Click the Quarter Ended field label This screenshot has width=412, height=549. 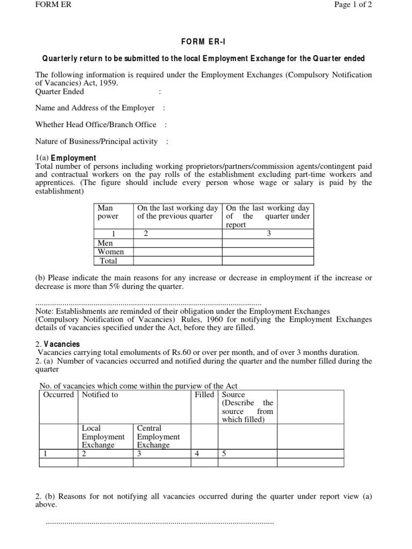pos(60,92)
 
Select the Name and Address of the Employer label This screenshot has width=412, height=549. pos(95,108)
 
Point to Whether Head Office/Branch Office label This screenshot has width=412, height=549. pos(95,124)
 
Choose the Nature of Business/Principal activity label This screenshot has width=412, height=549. pos(97,142)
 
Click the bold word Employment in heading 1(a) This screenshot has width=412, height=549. pos(73,158)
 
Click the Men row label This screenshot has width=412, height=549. pos(105,243)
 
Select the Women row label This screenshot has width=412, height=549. pos(111,251)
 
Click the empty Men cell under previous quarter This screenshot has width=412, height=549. pos(178,243)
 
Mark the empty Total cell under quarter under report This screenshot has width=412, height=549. pos(268,261)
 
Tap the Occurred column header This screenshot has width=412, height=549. pos(58,395)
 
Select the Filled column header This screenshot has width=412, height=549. pos(204,395)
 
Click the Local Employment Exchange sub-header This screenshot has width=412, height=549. pos(103,436)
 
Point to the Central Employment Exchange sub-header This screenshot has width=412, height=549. pos(158,436)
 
